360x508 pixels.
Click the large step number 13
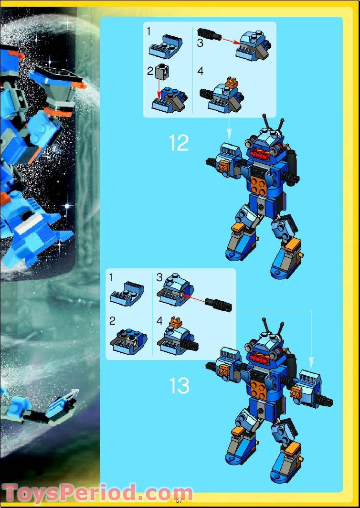(179, 386)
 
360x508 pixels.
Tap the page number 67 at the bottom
(179, 500)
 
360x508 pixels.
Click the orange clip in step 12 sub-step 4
(232, 83)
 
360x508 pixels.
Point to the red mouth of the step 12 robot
(260, 154)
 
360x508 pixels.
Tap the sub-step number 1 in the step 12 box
(149, 32)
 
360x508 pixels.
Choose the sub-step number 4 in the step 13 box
(159, 321)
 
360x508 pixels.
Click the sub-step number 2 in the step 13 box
(112, 321)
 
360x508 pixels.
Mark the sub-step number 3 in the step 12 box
(200, 43)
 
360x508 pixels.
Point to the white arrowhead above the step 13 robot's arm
(311, 361)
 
